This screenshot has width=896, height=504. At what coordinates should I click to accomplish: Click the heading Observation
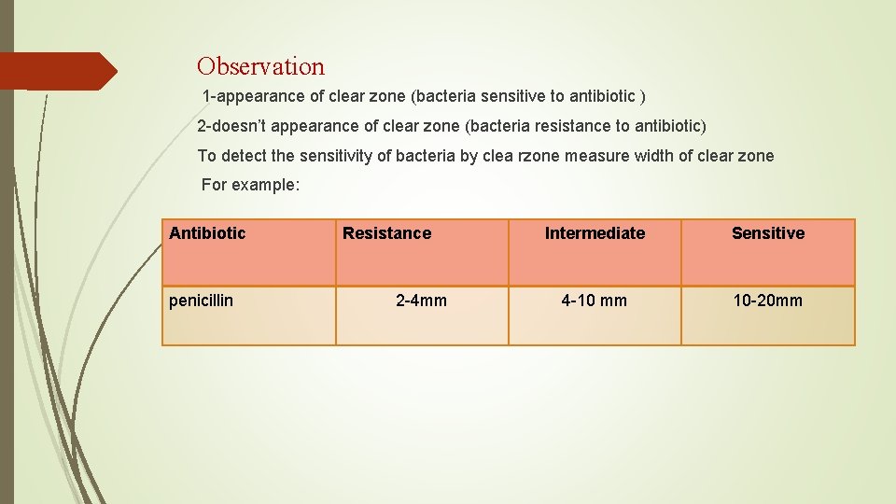coord(260,66)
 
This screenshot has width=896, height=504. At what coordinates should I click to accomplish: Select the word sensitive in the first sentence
coord(532,96)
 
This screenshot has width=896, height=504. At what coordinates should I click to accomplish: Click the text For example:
coord(250,185)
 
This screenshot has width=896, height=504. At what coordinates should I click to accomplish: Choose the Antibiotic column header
coord(207,233)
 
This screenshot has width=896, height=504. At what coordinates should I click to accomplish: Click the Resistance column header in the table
coord(386,233)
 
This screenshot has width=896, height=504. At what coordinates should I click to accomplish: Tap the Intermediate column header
coord(595,233)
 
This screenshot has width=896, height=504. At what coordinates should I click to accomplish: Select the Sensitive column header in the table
coord(767,233)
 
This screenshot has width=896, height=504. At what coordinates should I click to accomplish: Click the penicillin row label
coord(201,301)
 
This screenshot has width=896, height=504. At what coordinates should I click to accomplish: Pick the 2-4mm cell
coord(421,301)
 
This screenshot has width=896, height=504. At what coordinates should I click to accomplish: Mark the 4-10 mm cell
coord(594,301)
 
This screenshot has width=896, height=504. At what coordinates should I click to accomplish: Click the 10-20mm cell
coord(767,301)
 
